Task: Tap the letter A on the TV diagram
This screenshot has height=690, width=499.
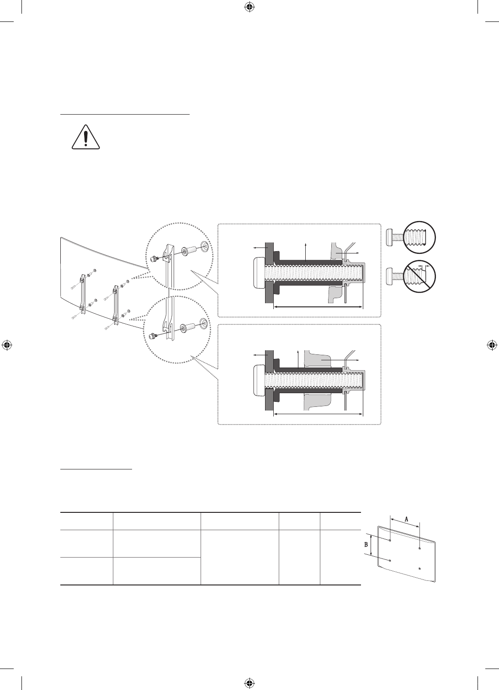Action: point(406,519)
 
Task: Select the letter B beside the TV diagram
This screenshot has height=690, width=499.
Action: point(366,545)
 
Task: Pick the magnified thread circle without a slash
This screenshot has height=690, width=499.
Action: point(419,237)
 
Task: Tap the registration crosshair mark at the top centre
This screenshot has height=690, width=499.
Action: point(249,7)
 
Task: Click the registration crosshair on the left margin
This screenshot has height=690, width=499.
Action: point(7,345)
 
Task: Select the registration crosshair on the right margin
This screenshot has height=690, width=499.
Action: point(492,345)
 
